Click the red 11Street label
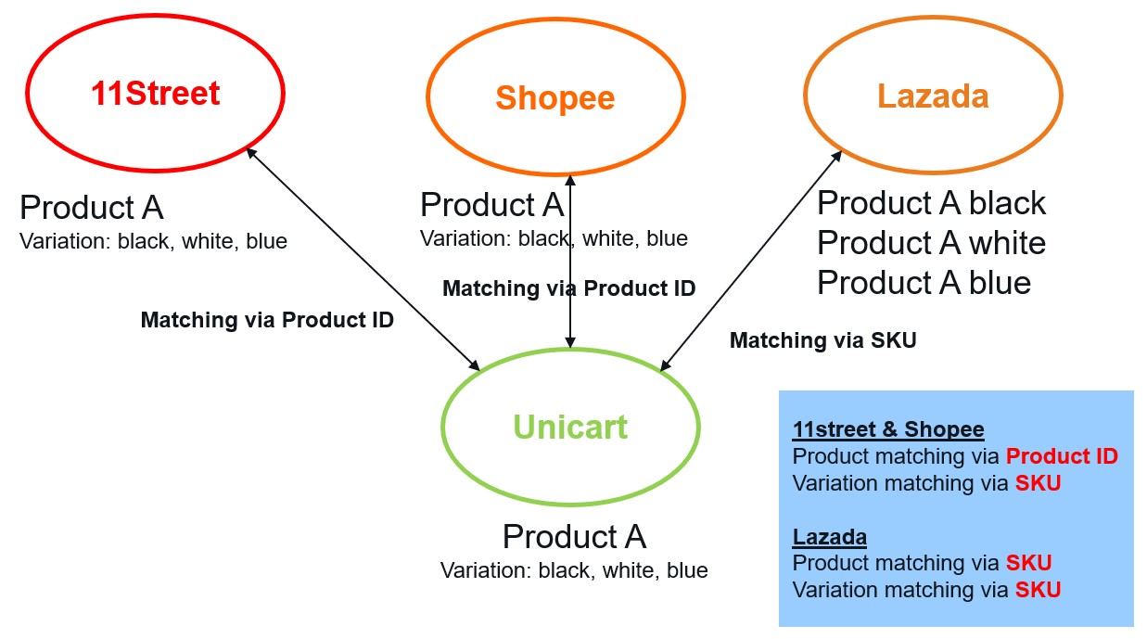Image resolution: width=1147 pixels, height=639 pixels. [x=155, y=93]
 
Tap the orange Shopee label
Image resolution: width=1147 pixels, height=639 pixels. [x=555, y=97]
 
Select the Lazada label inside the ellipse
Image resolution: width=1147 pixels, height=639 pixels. [x=933, y=96]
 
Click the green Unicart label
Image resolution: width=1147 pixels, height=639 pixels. [x=570, y=427]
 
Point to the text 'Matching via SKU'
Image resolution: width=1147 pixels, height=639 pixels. [x=822, y=340]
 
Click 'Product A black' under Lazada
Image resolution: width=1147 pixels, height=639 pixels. [x=931, y=203]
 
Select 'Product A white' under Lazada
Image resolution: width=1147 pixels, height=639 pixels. [x=931, y=242]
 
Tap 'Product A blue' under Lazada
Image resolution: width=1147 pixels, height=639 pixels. [x=924, y=282]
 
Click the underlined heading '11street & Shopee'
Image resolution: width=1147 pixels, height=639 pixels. [x=888, y=429]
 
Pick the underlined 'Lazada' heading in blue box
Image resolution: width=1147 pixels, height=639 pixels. [x=830, y=537]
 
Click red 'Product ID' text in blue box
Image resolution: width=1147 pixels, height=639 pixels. [x=1062, y=455]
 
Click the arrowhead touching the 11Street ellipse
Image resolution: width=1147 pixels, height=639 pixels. [x=250, y=152]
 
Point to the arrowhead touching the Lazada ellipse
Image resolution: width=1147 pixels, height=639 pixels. [x=837, y=155]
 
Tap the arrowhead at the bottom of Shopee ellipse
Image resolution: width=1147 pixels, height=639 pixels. [x=570, y=180]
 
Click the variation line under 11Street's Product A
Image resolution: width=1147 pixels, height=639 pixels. [x=153, y=241]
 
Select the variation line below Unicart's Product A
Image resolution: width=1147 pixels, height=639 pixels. [x=574, y=569]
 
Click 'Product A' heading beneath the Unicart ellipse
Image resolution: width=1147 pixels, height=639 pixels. [x=574, y=536]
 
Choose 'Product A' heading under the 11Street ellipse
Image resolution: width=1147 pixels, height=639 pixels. [x=92, y=208]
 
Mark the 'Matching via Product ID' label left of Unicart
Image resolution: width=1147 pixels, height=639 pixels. [x=267, y=320]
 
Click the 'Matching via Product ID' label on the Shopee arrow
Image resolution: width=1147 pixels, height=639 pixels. [x=569, y=288]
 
